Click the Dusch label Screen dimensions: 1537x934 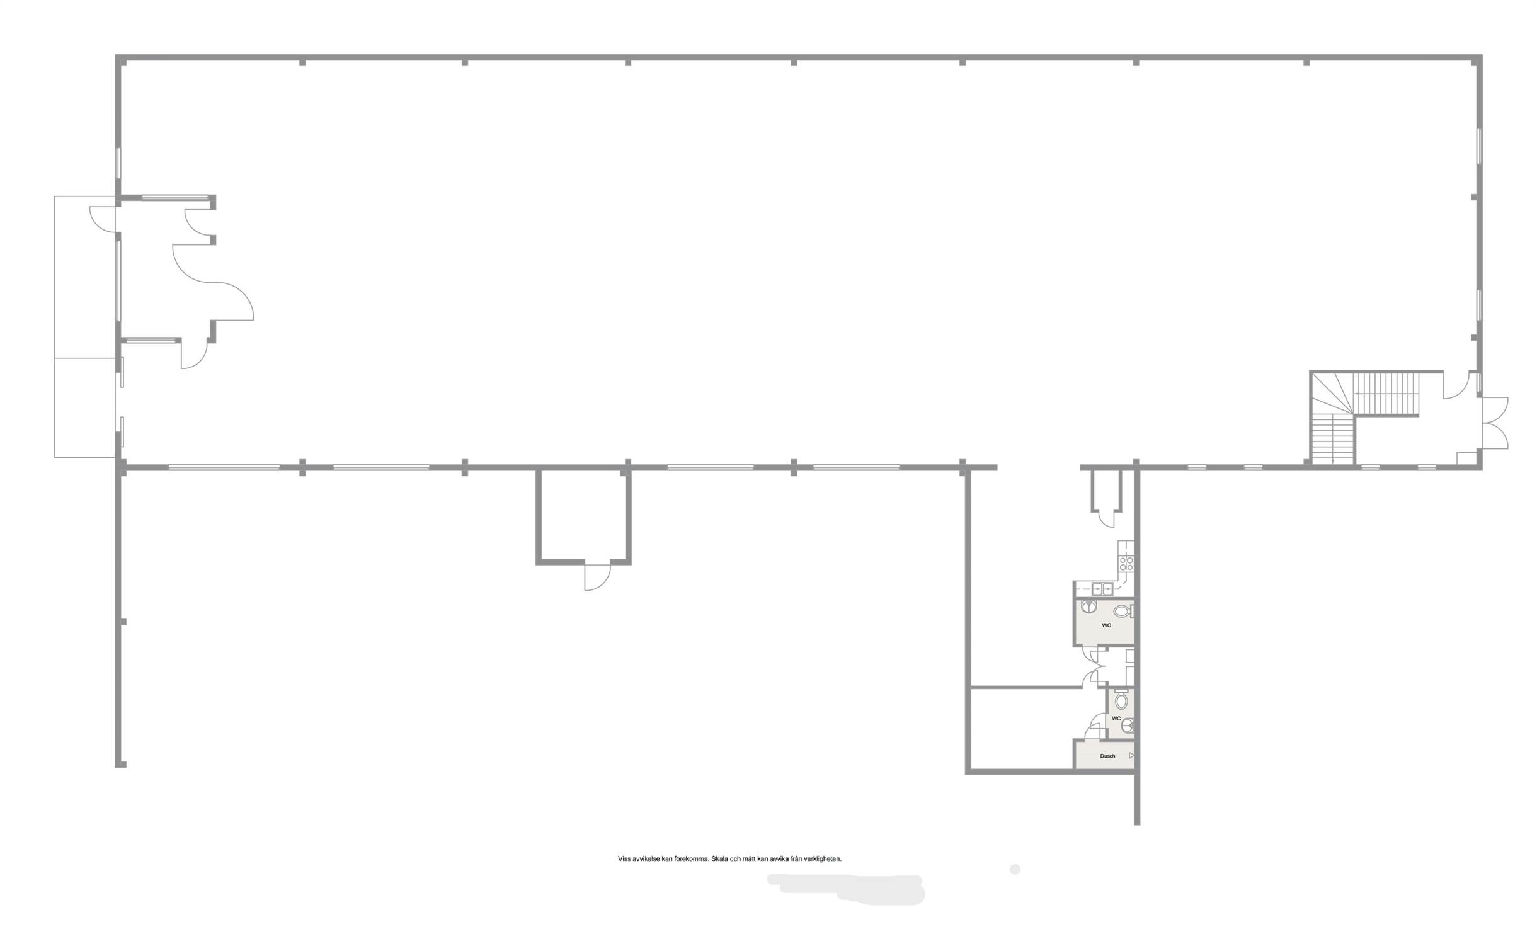(x=1107, y=756)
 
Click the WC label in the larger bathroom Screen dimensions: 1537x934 (x=1106, y=625)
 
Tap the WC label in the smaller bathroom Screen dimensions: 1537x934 (x=1116, y=719)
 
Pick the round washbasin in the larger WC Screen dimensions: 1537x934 (x=1088, y=607)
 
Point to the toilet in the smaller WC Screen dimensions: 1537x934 (x=1122, y=700)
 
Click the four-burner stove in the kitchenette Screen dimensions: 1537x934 (x=1126, y=563)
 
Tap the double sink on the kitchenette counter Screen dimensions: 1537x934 (x=1102, y=589)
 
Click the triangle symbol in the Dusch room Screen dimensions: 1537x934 (x=1131, y=755)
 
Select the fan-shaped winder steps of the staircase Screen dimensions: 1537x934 (x=1332, y=394)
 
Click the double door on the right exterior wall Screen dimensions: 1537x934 (x=1494, y=423)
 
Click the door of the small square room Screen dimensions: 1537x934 (x=597, y=577)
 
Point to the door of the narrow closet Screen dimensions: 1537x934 (x=1106, y=518)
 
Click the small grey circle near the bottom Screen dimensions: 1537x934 (x=1014, y=869)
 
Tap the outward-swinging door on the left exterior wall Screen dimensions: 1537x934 (x=103, y=219)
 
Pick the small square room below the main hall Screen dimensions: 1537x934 (x=584, y=516)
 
